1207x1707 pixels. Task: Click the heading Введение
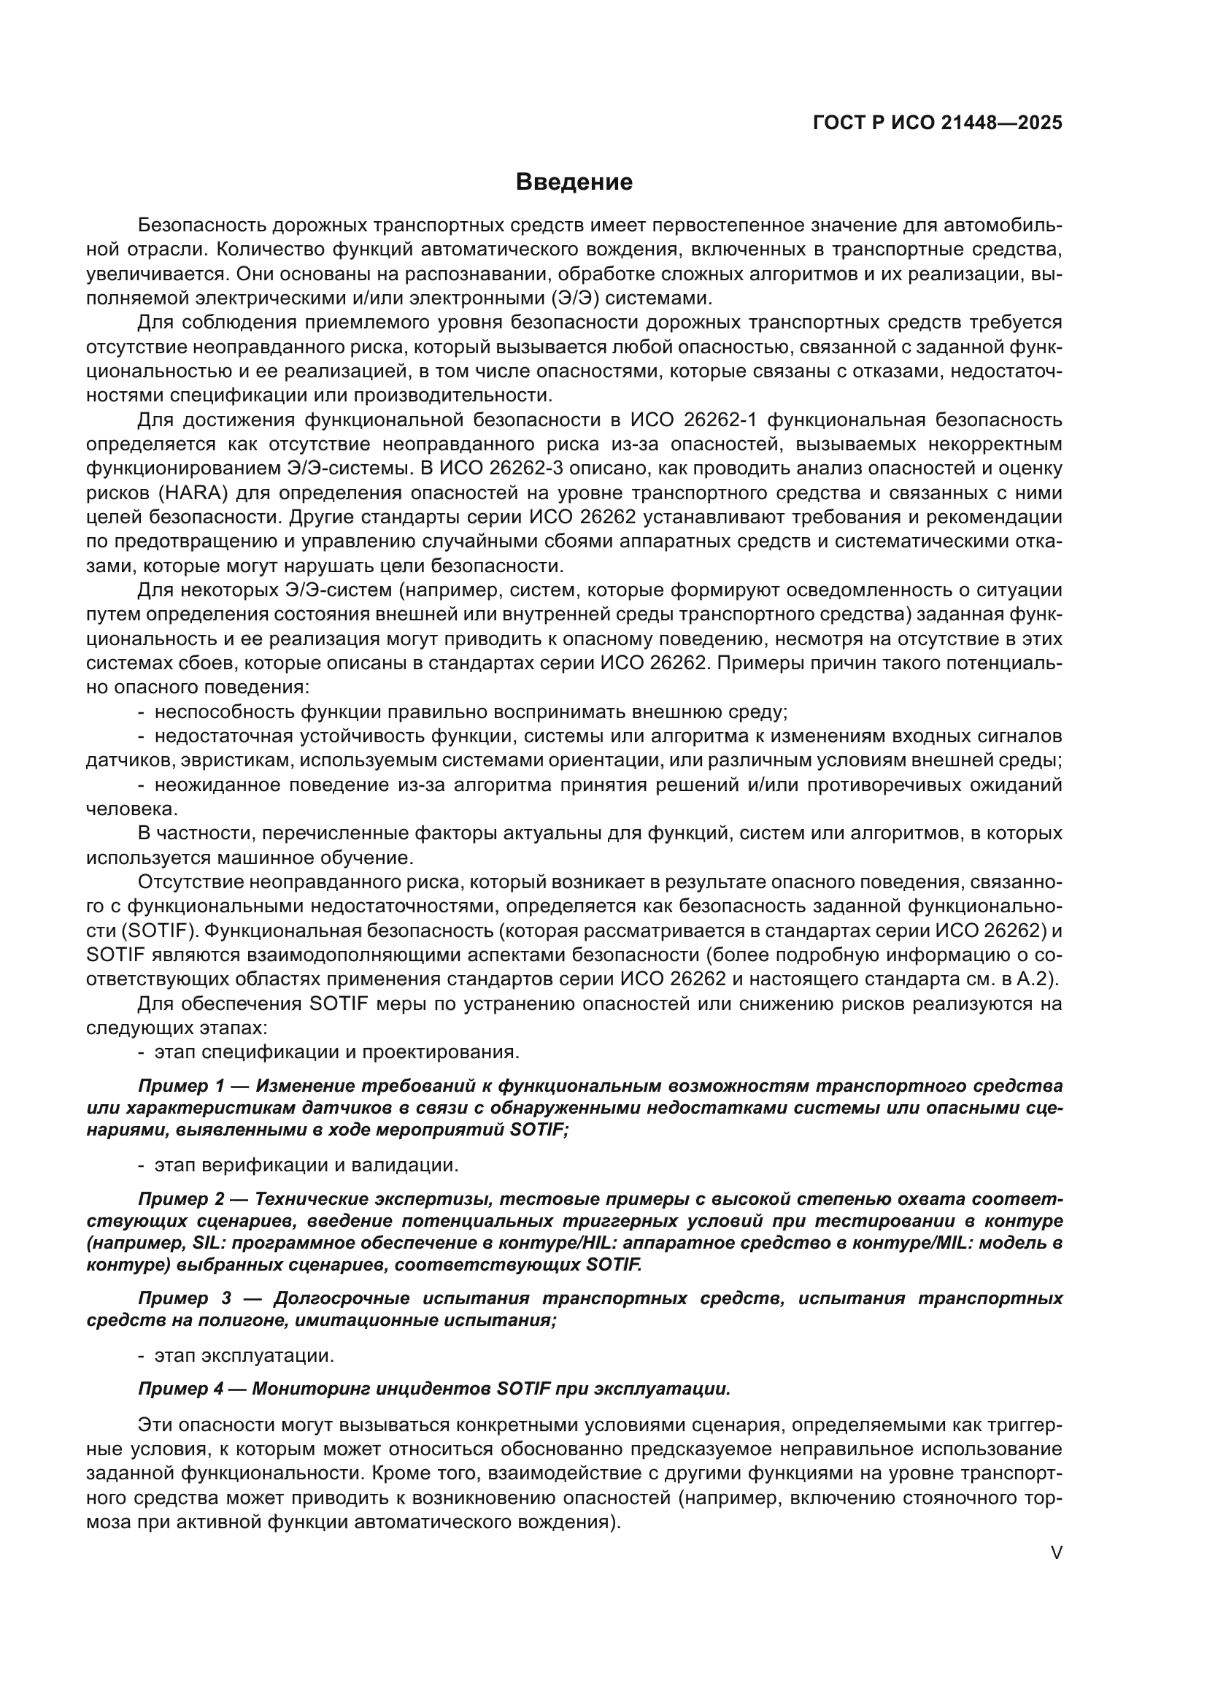tap(574, 182)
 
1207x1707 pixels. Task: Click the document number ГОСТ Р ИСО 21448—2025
tap(937, 123)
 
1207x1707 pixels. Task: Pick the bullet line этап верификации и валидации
tap(306, 1165)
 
